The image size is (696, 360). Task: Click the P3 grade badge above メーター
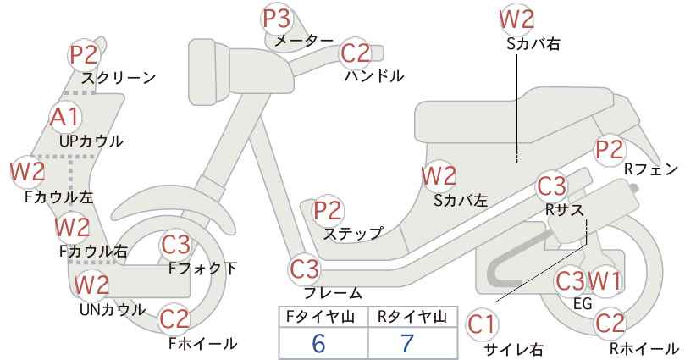point(276,18)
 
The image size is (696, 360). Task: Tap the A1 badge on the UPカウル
point(65,117)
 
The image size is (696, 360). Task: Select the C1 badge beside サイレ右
point(481,325)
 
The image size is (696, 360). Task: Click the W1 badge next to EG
point(604,281)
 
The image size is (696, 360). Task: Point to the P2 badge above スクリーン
point(84,55)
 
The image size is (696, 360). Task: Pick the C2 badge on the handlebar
point(356,53)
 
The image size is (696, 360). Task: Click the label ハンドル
point(374,76)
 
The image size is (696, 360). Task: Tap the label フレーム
point(333,292)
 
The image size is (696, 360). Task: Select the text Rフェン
point(651,169)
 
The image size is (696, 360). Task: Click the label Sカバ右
point(533,43)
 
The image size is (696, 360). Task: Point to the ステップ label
point(353,234)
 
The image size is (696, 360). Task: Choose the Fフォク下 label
point(203,269)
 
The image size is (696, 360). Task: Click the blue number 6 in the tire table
point(318,343)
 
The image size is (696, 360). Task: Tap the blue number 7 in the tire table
point(407,343)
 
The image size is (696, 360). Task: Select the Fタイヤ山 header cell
point(323,317)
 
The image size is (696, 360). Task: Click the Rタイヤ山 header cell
point(413,317)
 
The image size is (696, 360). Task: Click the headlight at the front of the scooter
point(209,72)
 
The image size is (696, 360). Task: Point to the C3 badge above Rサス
point(551,186)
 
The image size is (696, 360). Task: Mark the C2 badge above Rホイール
point(610,324)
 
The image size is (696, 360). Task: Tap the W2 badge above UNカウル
point(91,285)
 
